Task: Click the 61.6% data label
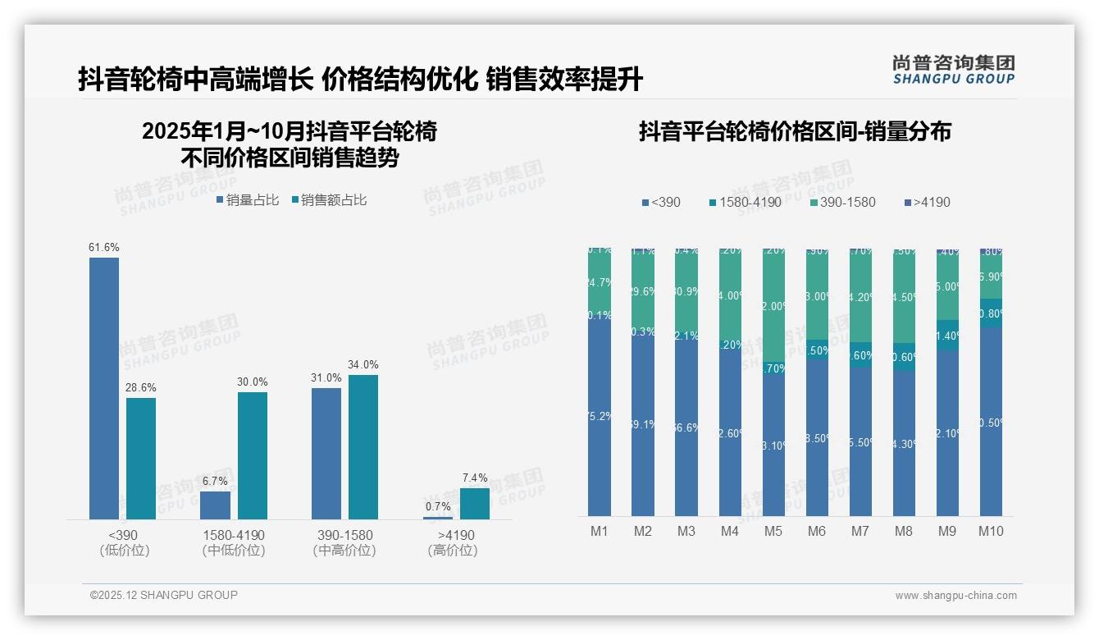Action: tap(104, 247)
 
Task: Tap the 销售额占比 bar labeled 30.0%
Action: tap(253, 455)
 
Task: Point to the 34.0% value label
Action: tap(363, 364)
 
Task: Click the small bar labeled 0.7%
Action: tap(438, 518)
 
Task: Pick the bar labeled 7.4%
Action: tap(475, 504)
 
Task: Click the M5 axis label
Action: tap(773, 532)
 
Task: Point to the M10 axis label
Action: tap(991, 532)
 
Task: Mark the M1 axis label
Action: tap(600, 532)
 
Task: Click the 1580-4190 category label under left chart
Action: tap(234, 535)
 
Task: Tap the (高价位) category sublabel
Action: tap(453, 551)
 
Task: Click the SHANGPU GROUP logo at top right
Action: tap(954, 70)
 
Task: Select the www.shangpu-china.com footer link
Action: tap(955, 596)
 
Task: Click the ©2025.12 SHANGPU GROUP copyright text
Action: tap(164, 595)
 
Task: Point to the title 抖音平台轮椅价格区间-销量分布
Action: tap(795, 131)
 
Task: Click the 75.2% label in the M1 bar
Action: tap(600, 416)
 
